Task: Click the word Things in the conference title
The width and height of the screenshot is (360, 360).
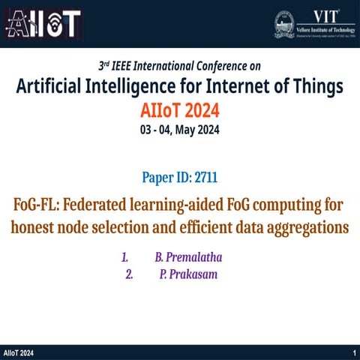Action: [312, 88]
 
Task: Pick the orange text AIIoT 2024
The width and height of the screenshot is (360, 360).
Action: [180, 110]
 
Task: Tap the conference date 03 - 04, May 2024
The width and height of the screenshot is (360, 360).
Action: [180, 130]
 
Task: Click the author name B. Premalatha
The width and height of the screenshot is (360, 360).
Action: [189, 258]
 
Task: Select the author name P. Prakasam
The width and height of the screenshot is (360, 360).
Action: [188, 274]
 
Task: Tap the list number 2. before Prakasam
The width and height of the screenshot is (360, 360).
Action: [130, 274]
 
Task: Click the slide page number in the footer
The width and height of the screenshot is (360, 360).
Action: [353, 352]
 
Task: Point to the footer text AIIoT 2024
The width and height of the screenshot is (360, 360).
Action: [19, 352]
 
